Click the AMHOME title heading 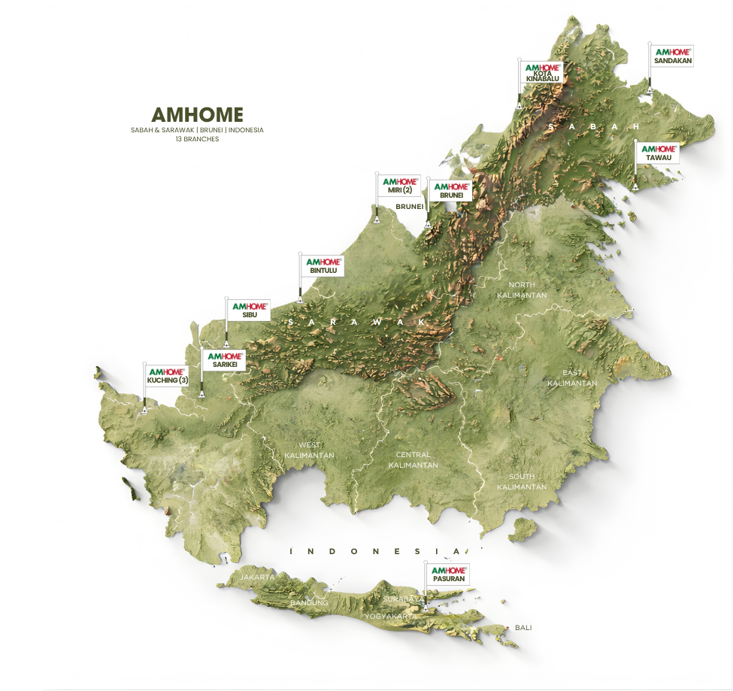click(x=197, y=114)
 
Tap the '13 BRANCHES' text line click(x=197, y=139)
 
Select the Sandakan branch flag click(x=672, y=56)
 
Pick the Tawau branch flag click(x=658, y=153)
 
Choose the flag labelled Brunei click(x=451, y=190)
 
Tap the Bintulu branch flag click(x=323, y=265)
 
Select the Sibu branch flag click(x=249, y=311)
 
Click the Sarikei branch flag click(x=225, y=359)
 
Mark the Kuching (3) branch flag click(x=167, y=375)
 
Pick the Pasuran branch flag click(x=448, y=574)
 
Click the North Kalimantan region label click(x=522, y=290)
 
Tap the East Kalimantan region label click(x=572, y=378)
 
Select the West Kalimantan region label click(x=309, y=450)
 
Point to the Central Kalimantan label click(x=413, y=459)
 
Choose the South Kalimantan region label click(x=522, y=481)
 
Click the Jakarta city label click(x=257, y=577)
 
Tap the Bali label click(x=522, y=627)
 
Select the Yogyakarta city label click(x=390, y=617)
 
